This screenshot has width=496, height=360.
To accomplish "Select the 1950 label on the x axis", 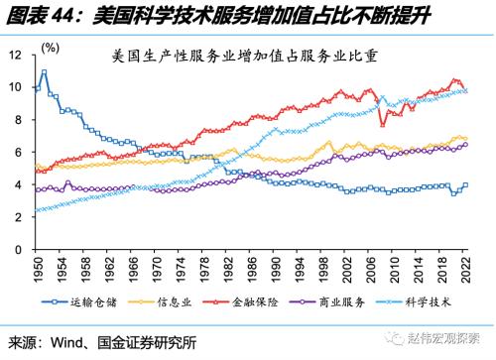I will tap(38, 273).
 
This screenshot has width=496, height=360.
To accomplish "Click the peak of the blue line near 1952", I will tap(45, 71).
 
